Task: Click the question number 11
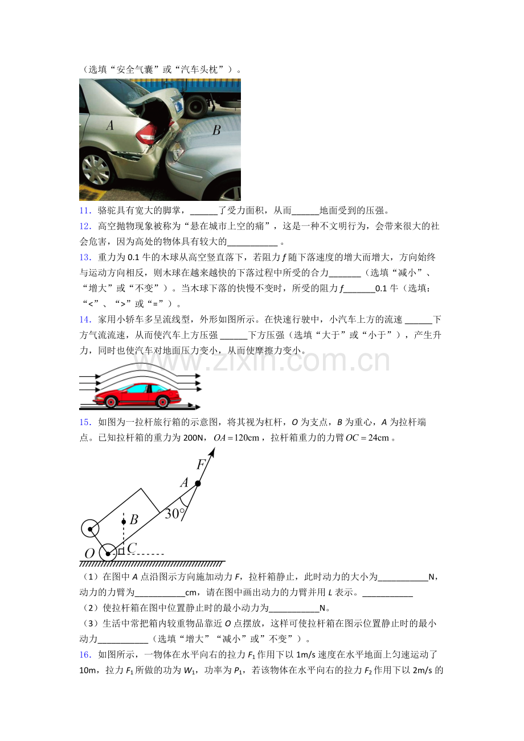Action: click(x=85, y=211)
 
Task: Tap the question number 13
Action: click(x=85, y=257)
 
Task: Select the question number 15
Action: click(x=85, y=422)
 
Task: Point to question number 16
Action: click(x=85, y=654)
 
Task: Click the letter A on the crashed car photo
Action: click(x=110, y=125)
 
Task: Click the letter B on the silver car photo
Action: click(x=216, y=130)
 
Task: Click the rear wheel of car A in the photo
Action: click(x=96, y=170)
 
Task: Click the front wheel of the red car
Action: click(x=111, y=402)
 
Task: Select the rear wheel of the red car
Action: click(x=162, y=402)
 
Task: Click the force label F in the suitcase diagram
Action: click(x=201, y=464)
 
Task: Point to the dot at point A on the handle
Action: click(x=198, y=484)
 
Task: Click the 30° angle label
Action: click(x=174, y=514)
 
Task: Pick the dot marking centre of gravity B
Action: click(x=124, y=522)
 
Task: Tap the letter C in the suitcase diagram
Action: click(x=132, y=548)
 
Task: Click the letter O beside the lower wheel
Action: click(x=89, y=553)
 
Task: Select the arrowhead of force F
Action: click(x=213, y=452)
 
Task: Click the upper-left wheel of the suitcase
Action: click(x=90, y=529)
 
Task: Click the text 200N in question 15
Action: click(x=193, y=438)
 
